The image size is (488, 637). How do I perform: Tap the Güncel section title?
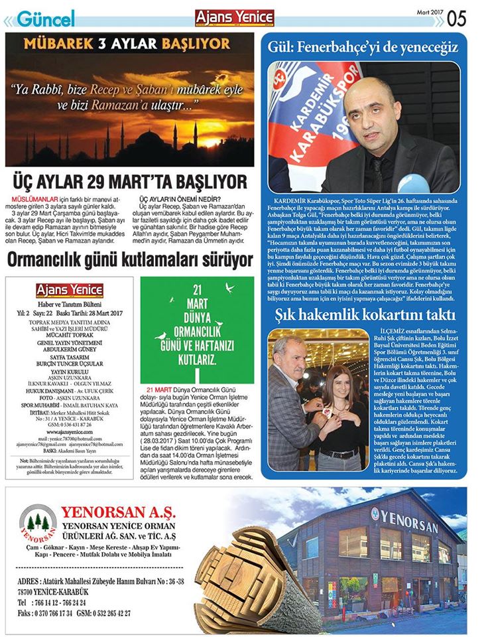click(x=45, y=19)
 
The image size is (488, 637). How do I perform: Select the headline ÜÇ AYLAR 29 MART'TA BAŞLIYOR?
click(x=130, y=182)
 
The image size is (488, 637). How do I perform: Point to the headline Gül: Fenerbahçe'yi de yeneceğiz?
click(x=363, y=47)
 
